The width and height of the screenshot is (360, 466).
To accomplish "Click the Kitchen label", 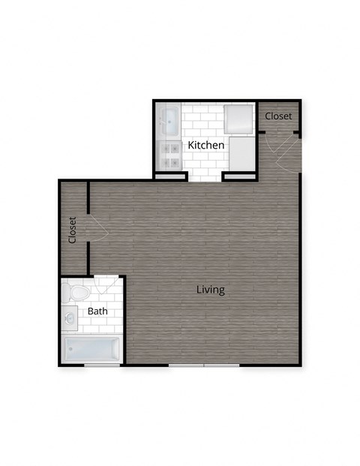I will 205,145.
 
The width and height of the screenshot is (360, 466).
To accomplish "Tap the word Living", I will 211,290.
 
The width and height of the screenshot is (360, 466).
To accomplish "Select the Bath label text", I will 97,311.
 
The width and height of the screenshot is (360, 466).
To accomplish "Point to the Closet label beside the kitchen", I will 278,116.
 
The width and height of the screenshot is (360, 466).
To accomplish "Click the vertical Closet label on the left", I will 73,230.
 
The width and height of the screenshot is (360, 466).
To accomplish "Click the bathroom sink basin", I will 70,317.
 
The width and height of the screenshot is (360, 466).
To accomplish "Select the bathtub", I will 92,350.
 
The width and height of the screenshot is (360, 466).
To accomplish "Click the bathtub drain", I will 72,350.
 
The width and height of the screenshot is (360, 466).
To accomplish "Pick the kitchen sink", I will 168,119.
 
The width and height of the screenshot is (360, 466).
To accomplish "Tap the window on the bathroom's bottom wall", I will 101,365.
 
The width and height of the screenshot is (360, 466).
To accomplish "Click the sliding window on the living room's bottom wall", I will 204,365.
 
